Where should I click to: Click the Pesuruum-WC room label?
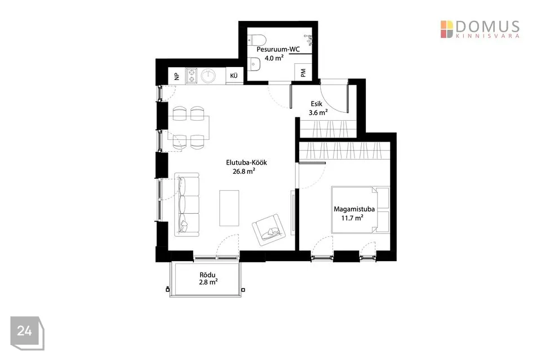278,50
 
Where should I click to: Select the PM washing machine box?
303,72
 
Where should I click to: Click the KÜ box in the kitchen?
234,76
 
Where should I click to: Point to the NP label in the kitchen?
177,76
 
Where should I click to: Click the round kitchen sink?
209,76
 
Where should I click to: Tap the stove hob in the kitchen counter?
191,76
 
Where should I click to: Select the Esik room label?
316,104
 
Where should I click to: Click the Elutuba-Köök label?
246,162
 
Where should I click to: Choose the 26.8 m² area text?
244,171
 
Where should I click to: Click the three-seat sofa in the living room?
187,205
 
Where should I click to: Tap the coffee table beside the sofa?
229,208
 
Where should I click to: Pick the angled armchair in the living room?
269,230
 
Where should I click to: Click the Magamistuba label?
354,209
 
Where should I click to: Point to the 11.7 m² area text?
352,218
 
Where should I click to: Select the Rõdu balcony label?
207,275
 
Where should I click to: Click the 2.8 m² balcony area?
208,282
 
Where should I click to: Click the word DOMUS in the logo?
487,27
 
